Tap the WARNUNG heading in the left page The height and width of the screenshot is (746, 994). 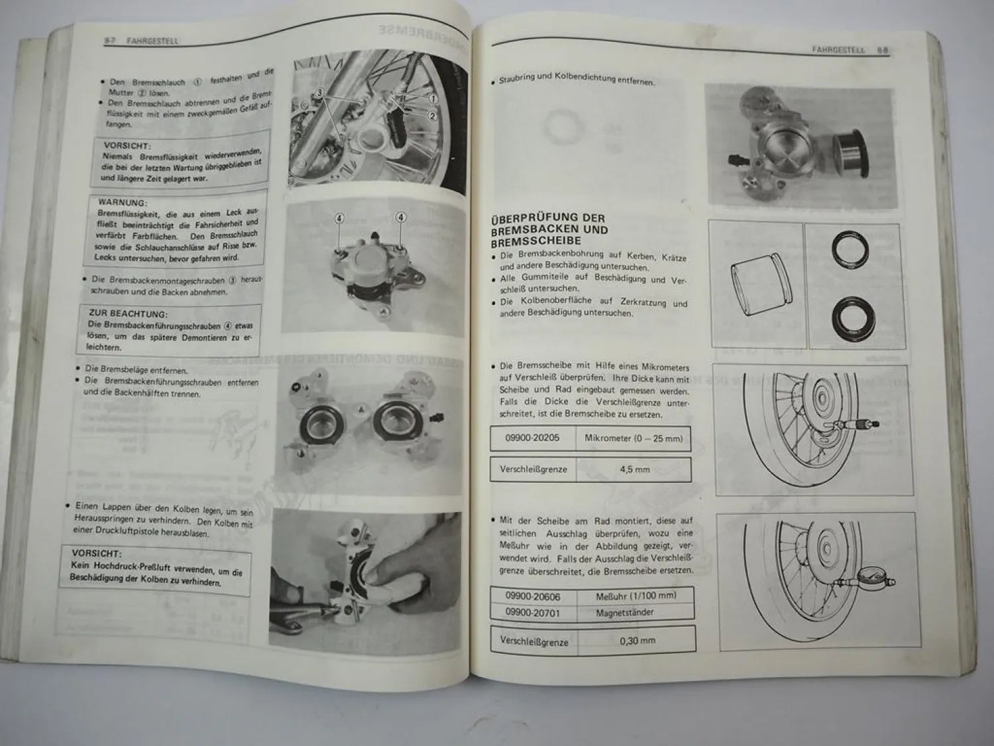(123, 202)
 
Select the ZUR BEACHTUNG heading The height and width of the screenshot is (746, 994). (128, 314)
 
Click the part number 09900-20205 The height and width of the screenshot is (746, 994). (532, 438)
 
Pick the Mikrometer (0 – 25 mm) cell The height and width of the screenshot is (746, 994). (633, 438)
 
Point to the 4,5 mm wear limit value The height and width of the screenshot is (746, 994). (634, 469)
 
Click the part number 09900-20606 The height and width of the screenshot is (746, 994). (532, 595)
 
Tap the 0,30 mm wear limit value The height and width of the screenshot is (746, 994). (637, 641)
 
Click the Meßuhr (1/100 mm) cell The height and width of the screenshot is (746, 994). (635, 596)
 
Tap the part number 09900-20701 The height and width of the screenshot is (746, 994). (532, 613)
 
